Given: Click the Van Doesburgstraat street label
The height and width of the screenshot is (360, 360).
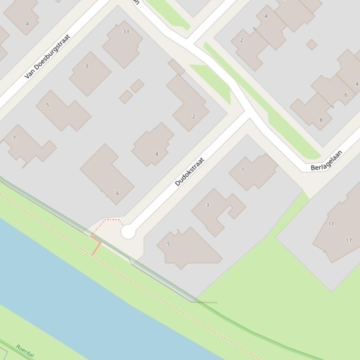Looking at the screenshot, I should pos(47,56).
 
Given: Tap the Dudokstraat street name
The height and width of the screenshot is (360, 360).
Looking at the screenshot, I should pos(190,172).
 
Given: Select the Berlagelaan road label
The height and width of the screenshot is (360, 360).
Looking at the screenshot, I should pos(326,160).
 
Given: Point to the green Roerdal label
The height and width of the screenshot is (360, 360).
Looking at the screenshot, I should pos(25,351).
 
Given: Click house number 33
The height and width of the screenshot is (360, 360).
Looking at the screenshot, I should pos(125,31).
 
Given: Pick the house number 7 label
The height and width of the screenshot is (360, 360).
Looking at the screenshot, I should pos(14,138).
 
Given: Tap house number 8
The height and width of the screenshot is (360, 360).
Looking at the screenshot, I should pos(321,120).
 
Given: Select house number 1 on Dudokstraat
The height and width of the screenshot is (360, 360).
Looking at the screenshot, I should pos(242,170).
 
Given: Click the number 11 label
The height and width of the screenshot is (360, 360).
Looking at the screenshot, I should pos(331,224).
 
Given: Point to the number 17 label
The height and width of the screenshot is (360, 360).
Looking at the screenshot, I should pos(349,240).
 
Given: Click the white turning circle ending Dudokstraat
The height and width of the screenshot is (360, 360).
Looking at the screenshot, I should pos(128,231).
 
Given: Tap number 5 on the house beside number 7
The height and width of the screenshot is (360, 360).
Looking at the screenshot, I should pos(47,105).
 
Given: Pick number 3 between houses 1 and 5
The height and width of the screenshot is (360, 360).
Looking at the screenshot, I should pos(207,205).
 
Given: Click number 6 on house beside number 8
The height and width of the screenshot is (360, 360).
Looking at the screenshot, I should pos(346,94).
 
